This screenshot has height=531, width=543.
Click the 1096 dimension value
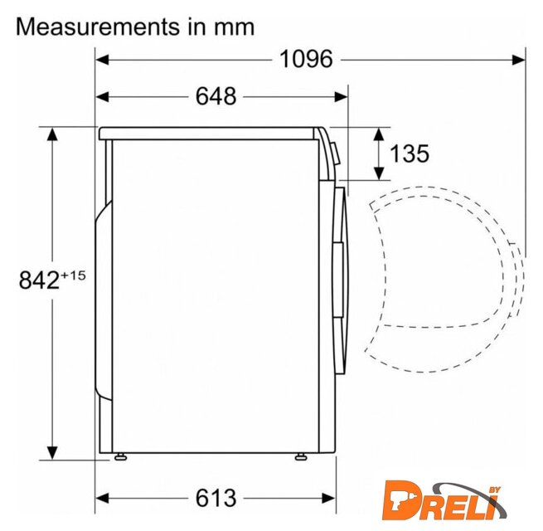pyautogui.click(x=306, y=59)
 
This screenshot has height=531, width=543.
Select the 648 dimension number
pyautogui.click(x=216, y=96)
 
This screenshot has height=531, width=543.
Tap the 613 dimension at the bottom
pyautogui.click(x=216, y=498)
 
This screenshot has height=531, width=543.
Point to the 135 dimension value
pyautogui.click(x=410, y=153)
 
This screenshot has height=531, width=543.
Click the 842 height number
pyautogui.click(x=39, y=280)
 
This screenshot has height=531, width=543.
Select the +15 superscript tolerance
pyautogui.click(x=74, y=275)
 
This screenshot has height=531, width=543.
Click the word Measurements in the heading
pyautogui.click(x=98, y=27)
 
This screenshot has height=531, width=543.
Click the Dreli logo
pyautogui.click(x=444, y=500)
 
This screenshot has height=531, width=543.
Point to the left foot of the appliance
pyautogui.click(x=120, y=457)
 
